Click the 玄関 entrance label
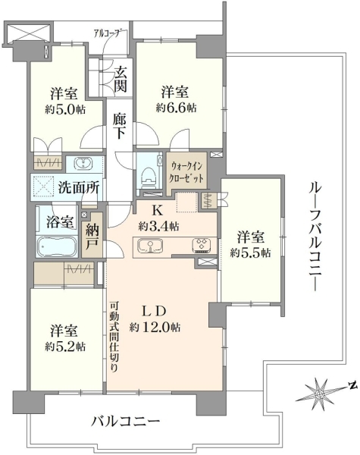121,79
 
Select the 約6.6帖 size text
176,108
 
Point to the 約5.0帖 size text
65,109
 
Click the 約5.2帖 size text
65,347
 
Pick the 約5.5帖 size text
251,253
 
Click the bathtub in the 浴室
57,246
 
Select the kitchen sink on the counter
150,245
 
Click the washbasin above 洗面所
83,163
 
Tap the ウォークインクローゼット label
187,172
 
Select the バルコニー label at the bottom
126,421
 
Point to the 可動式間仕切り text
114,337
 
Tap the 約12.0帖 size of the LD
155,328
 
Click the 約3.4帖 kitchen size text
158,226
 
